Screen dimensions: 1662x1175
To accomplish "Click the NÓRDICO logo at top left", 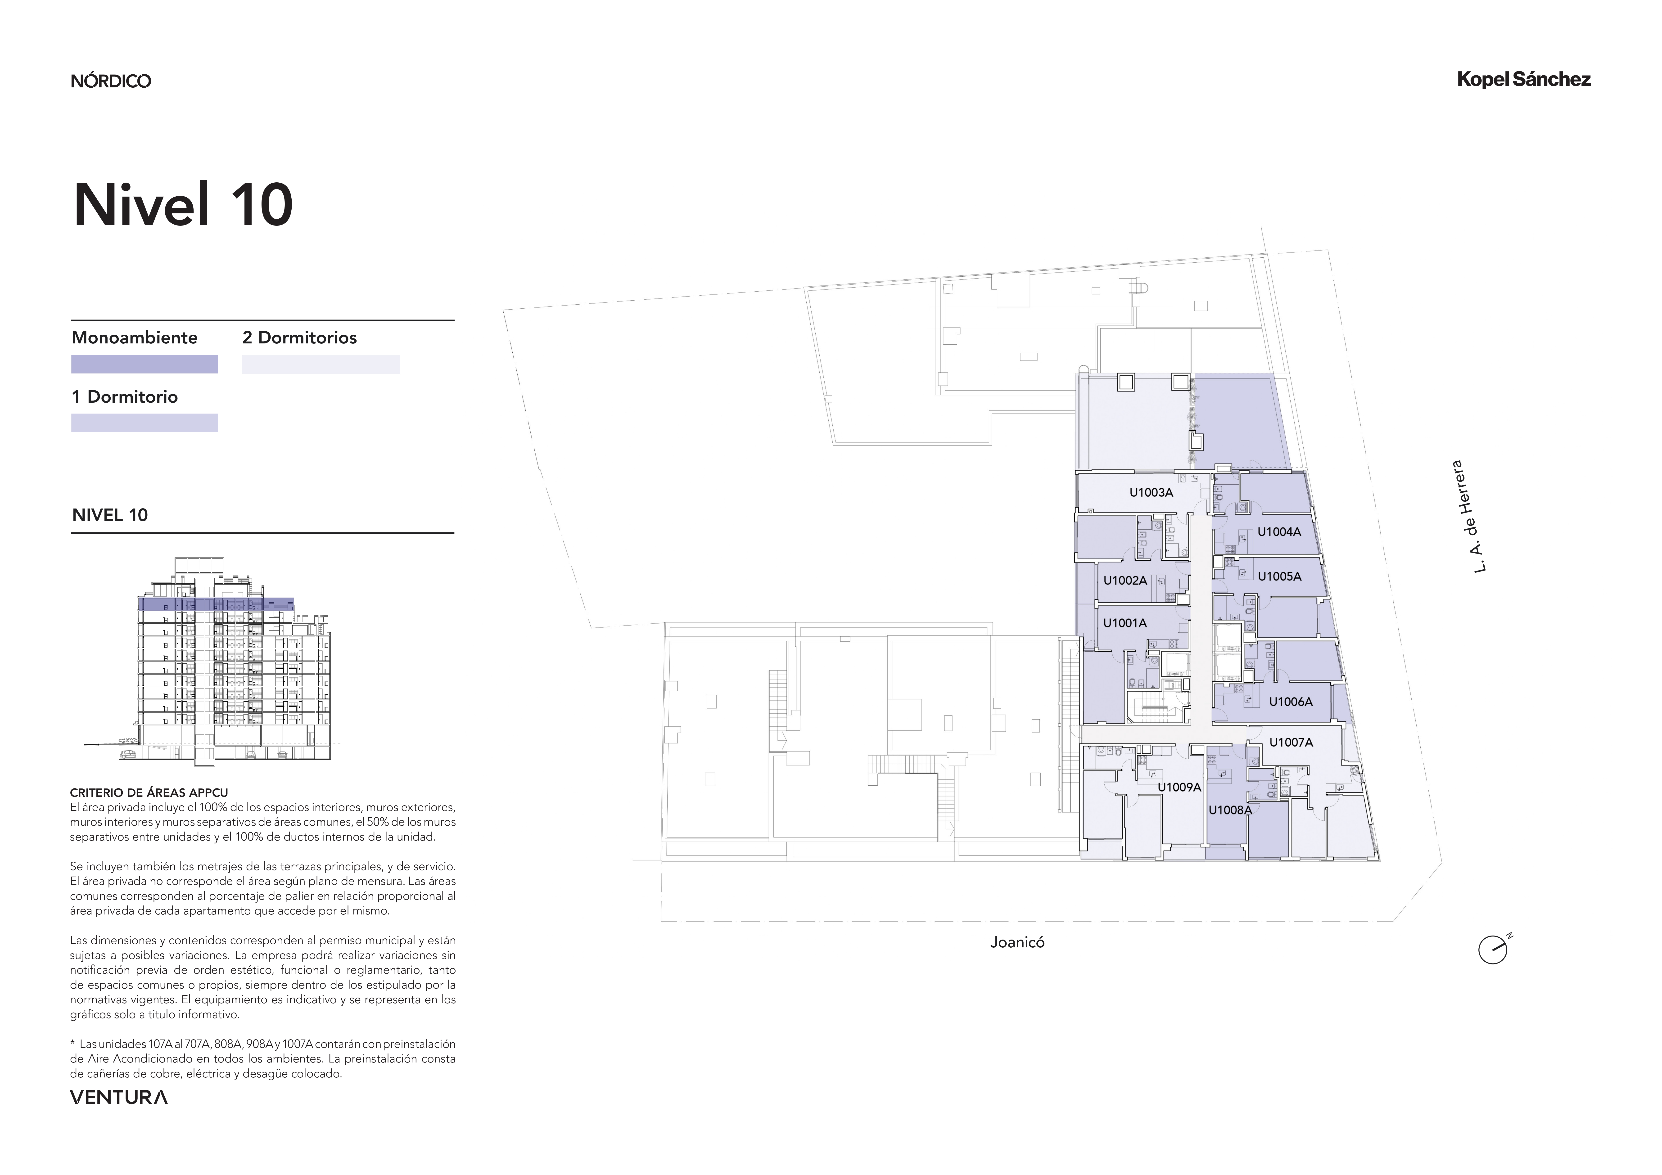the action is tap(111, 80).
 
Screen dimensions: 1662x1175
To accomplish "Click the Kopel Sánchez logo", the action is tap(1524, 80).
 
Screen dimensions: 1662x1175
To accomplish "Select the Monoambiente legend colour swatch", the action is tap(145, 364).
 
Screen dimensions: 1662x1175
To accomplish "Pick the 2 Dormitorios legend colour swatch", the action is tap(321, 364).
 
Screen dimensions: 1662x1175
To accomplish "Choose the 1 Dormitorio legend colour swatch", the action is tap(145, 423).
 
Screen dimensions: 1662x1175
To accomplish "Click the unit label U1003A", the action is tap(1151, 492).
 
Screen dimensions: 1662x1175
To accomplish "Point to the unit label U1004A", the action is tap(1279, 531).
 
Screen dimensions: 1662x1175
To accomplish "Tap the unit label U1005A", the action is tap(1279, 576).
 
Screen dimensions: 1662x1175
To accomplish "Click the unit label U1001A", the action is tap(1125, 623).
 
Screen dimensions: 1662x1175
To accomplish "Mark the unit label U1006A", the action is tap(1291, 702).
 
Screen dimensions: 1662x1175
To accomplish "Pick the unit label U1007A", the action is tap(1291, 742).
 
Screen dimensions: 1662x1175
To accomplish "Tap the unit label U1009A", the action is tap(1179, 787).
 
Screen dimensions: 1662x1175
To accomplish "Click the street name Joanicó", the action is tap(1017, 943).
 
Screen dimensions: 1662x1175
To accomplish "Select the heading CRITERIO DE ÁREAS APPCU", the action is tap(149, 793).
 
